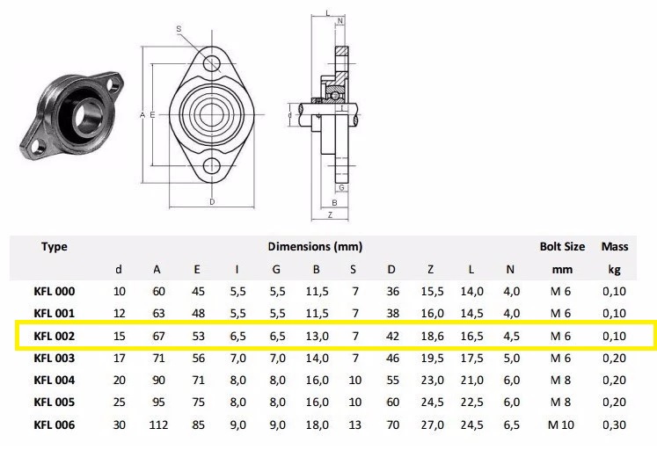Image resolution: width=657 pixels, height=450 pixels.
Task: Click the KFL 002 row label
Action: [54, 336]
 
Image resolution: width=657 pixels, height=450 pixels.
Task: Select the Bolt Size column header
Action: [562, 247]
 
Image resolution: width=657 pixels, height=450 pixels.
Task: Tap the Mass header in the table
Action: [615, 247]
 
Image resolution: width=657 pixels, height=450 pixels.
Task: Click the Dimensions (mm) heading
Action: [315, 247]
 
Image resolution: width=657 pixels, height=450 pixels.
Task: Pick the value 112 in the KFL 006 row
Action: [158, 425]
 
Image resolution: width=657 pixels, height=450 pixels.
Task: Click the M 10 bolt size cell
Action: [561, 425]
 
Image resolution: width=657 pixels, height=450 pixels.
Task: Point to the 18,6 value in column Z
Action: [432, 336]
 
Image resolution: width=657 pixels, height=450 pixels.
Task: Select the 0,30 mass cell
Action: [614, 425]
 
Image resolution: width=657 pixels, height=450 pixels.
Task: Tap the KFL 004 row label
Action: [54, 380]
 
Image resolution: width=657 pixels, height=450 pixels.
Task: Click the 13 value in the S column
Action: [354, 425]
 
